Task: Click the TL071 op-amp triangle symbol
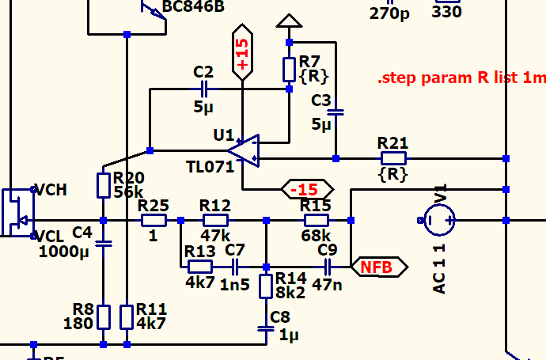tap(245, 150)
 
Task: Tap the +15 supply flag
tap(242, 55)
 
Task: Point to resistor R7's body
tap(289, 70)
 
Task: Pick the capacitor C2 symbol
tap(204, 89)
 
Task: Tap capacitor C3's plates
tap(336, 112)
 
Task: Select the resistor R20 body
tap(104, 185)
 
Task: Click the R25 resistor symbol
tap(153, 220)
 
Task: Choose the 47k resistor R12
tap(214, 220)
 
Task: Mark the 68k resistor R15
tap(316, 220)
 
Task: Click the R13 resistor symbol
tap(199, 267)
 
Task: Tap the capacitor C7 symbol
tap(235, 267)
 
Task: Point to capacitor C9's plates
tap(327, 267)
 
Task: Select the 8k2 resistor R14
tap(266, 286)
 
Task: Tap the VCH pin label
tap(51, 190)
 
